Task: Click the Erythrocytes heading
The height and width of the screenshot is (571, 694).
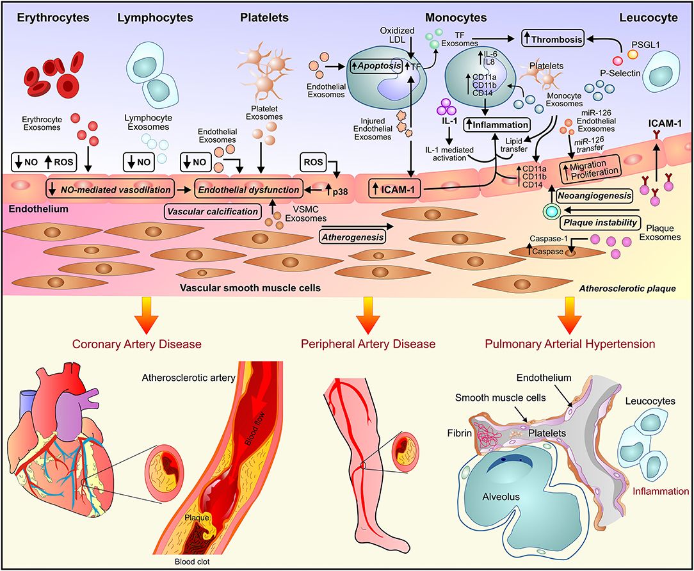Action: click(44, 17)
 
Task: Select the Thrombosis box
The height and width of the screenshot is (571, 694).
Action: click(552, 40)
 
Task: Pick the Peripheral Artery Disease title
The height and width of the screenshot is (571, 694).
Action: click(368, 344)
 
